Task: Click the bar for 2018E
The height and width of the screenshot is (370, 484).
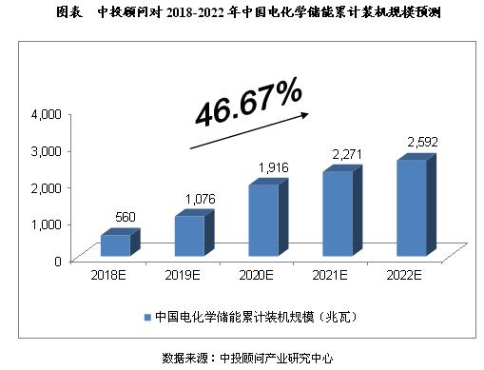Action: point(114,244)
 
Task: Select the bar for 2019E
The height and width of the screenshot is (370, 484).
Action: point(188,235)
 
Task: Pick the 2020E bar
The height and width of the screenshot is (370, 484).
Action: point(263,220)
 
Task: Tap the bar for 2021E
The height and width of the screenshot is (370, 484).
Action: point(338,213)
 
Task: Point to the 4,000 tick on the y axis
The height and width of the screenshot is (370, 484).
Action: point(46,114)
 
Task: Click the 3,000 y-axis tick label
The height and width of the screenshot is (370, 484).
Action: point(46,150)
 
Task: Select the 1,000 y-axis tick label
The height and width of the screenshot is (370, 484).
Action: point(46,224)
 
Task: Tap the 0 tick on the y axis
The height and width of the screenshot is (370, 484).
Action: point(58,260)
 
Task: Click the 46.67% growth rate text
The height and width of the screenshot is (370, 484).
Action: point(249,104)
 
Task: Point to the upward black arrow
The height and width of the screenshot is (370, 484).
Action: point(250,129)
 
